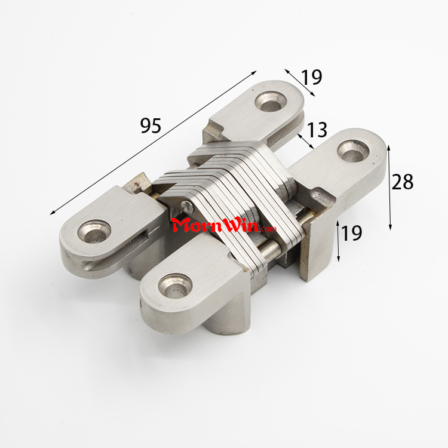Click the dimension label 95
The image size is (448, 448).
coord(151,125)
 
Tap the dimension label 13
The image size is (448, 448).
coord(317,130)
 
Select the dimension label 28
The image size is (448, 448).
coord(402,182)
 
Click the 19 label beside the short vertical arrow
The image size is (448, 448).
coord(351,233)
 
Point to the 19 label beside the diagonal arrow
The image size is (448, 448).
coord(311,77)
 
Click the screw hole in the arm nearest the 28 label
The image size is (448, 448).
coord(354,151)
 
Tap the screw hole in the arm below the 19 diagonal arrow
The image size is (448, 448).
coord(271,102)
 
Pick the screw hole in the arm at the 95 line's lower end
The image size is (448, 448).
coord(94,232)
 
